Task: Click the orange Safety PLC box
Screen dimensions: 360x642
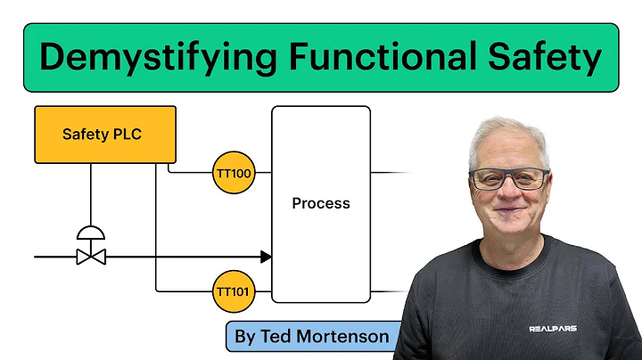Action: [x=105, y=135]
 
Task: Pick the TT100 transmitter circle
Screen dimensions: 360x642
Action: [x=234, y=172]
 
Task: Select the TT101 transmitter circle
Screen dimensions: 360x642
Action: [x=234, y=290]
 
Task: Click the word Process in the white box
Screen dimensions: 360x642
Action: [x=321, y=203]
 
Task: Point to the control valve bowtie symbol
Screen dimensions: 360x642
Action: [x=91, y=257]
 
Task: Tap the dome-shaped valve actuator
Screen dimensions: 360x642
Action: [x=91, y=233]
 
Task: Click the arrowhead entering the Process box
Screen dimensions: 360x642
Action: [x=266, y=257]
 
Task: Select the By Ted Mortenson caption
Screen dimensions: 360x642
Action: [x=311, y=336]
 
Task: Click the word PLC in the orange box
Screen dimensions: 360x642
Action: [x=127, y=135]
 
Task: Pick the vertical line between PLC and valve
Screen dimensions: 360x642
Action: [x=91, y=196]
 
